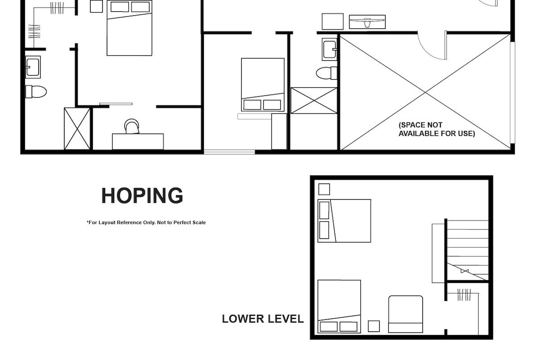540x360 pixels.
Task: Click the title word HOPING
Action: click(142, 196)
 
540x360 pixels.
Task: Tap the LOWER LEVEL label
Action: click(262, 319)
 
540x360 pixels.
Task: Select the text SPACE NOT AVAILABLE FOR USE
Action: click(436, 129)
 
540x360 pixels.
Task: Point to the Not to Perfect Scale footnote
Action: click(146, 222)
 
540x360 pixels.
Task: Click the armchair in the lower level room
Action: click(405, 314)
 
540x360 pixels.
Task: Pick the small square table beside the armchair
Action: click(373, 326)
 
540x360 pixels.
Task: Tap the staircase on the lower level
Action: click(467, 250)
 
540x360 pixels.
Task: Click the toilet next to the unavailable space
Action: click(326, 73)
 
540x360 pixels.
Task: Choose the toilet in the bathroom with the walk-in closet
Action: click(36, 92)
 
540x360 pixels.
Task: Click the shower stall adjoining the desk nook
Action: click(77, 128)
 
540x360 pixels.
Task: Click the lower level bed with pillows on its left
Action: click(344, 220)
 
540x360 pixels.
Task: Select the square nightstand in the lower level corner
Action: click(324, 189)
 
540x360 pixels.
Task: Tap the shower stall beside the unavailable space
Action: click(314, 100)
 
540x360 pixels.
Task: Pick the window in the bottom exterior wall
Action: click(229, 152)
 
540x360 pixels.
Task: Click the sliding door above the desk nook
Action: click(116, 104)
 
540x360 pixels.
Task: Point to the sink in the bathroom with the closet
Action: click(33, 67)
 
